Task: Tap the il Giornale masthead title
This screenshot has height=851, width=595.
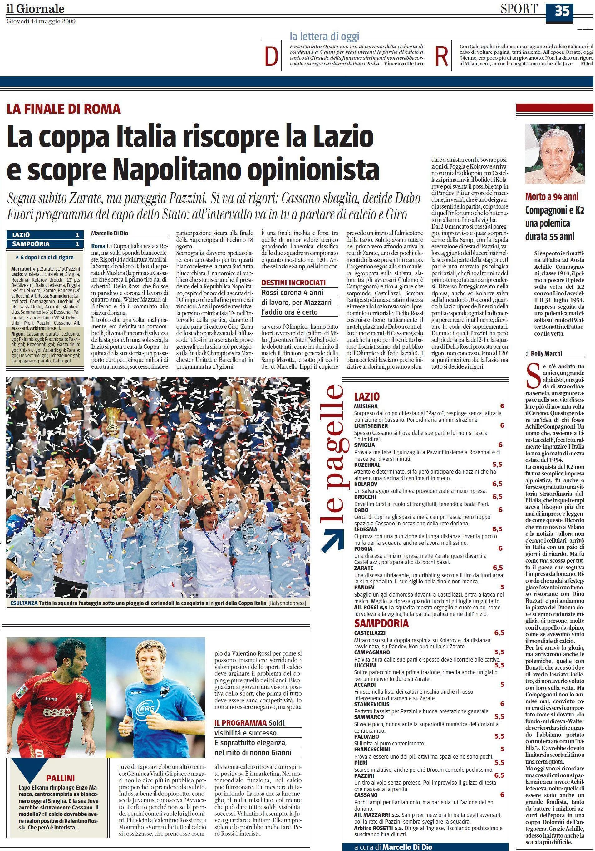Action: pos(35,8)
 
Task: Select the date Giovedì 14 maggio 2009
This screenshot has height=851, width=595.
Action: pos(41,22)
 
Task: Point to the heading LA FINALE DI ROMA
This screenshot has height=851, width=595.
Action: pos(64,109)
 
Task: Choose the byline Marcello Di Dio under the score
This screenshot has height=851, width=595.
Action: pos(110,234)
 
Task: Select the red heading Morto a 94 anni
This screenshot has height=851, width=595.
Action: pos(552,197)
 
